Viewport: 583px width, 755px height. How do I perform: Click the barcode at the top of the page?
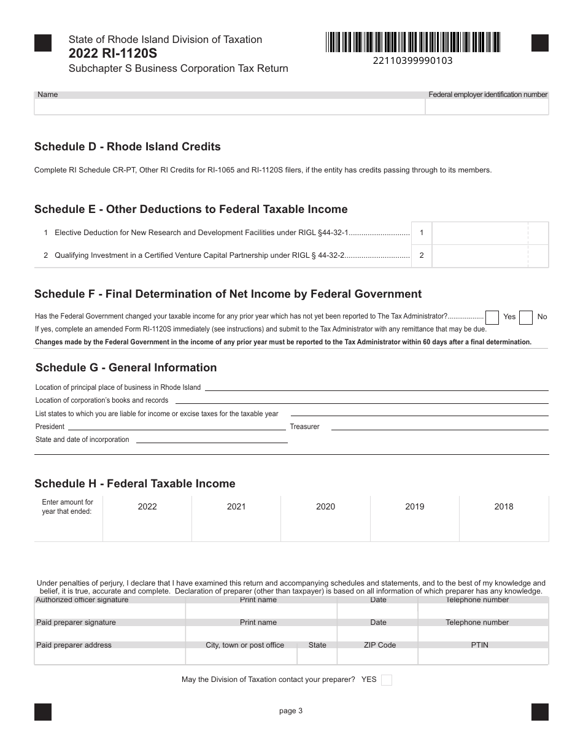pos(413,42)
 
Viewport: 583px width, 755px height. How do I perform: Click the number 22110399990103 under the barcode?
pos(412,61)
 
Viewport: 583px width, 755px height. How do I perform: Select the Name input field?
pos(230,107)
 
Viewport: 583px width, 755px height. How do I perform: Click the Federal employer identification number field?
pos(487,107)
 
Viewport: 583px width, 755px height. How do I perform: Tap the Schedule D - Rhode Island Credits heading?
pos(127,147)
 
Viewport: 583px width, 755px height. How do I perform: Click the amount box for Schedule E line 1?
pos(479,233)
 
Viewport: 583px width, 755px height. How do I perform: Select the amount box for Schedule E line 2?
pos(479,256)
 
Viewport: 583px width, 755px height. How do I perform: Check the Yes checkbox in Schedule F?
pos(492,317)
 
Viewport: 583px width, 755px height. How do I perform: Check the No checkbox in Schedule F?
pos(525,317)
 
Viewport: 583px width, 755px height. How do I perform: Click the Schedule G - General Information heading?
pos(126,368)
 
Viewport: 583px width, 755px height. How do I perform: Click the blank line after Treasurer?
pos(439,426)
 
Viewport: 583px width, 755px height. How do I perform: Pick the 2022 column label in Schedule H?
pos(147,506)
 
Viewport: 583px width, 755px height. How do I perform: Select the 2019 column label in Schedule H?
pos(415,506)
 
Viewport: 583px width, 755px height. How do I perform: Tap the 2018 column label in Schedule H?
pos(504,506)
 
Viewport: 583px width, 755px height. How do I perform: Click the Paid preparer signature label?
pos(76,622)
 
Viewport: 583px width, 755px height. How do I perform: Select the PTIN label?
pos(480,645)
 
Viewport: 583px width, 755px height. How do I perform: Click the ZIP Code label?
pos(378,645)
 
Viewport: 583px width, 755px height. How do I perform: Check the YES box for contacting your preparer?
pos(387,680)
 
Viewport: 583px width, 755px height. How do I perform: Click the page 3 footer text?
pos(291,711)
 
